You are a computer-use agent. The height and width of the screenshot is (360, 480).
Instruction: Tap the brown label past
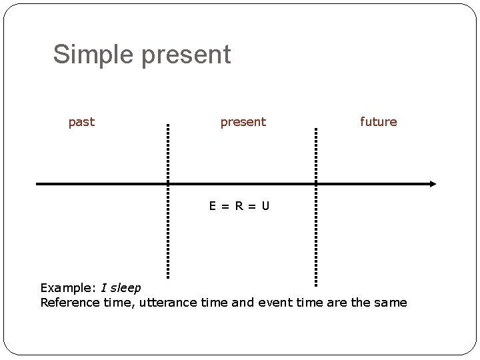click(81, 122)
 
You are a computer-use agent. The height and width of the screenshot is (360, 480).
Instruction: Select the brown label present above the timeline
click(243, 123)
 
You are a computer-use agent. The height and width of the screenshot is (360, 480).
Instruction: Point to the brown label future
click(378, 122)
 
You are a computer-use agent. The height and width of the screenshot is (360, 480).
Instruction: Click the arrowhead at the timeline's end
click(433, 183)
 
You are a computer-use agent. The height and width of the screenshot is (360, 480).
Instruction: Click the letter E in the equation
click(212, 206)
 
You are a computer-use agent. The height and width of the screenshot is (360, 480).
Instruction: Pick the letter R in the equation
click(239, 206)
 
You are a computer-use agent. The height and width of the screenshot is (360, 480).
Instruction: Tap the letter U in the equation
click(265, 206)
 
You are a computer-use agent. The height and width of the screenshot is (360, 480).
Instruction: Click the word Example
click(69, 288)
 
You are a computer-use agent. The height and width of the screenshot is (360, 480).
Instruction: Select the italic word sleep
click(125, 288)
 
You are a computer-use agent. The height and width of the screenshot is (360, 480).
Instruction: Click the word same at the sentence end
click(389, 303)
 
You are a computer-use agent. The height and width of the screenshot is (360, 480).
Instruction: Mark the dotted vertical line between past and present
click(168, 200)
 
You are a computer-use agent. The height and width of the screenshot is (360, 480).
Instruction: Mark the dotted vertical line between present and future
click(315, 200)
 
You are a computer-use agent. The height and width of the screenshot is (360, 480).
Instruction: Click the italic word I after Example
click(103, 288)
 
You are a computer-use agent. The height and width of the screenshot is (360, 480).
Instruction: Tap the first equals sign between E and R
click(225, 206)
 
